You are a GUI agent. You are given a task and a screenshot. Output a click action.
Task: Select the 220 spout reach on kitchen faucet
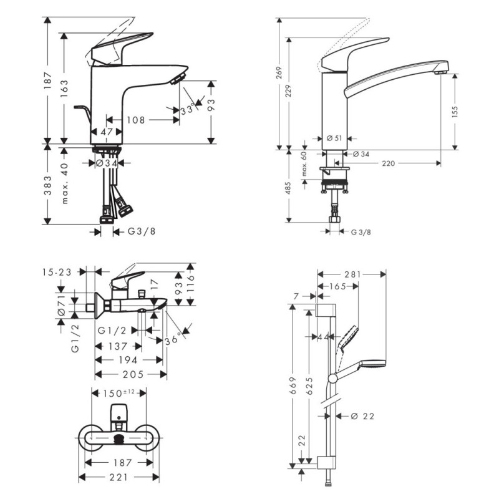pyautogui.click(x=389, y=163)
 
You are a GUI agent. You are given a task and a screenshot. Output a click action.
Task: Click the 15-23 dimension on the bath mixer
pyautogui.click(x=57, y=272)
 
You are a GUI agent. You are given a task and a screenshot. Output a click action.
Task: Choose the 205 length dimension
pyautogui.click(x=132, y=374)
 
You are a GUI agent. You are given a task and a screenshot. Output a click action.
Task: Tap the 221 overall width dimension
pyautogui.click(x=119, y=477)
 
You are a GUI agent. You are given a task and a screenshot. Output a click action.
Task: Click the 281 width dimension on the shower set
pyautogui.click(x=353, y=274)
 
